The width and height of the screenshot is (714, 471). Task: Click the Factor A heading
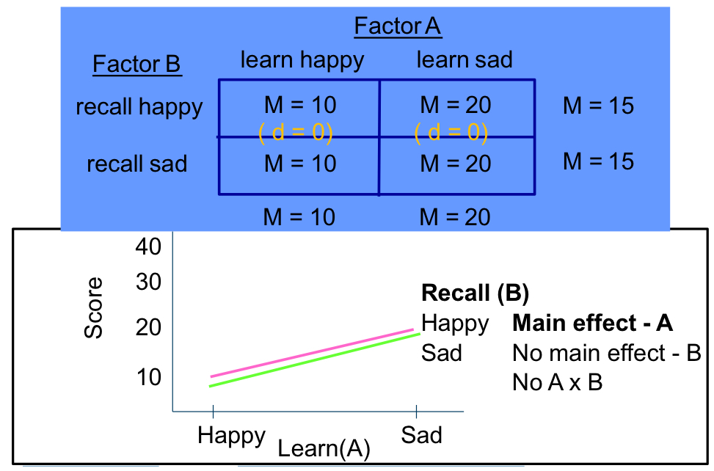[x=398, y=26]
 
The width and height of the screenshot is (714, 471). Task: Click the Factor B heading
[x=136, y=65]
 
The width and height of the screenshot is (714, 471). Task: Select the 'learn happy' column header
[x=302, y=59]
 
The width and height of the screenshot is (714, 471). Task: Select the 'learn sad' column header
[x=464, y=59]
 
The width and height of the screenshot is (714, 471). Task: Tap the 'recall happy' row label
[x=139, y=107]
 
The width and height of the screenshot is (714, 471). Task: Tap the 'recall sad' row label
[x=137, y=163]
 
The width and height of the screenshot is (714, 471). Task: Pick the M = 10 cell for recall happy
[x=300, y=105]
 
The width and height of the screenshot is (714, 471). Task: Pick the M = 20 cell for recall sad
[x=456, y=163]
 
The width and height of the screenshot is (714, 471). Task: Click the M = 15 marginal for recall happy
[x=598, y=106]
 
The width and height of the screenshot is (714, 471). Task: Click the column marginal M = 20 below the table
[x=456, y=216]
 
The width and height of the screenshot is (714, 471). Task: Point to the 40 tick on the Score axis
[x=147, y=247]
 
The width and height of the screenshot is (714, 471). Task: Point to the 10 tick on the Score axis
[x=147, y=377]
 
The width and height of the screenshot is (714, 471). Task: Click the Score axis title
[x=94, y=307]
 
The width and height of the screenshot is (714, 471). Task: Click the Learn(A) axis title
[x=324, y=448]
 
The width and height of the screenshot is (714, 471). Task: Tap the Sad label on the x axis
[x=421, y=436]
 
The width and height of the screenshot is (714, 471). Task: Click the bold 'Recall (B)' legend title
[x=475, y=293]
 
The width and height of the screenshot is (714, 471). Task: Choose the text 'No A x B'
[x=558, y=382]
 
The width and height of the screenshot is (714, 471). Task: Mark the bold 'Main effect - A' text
[x=592, y=323]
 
